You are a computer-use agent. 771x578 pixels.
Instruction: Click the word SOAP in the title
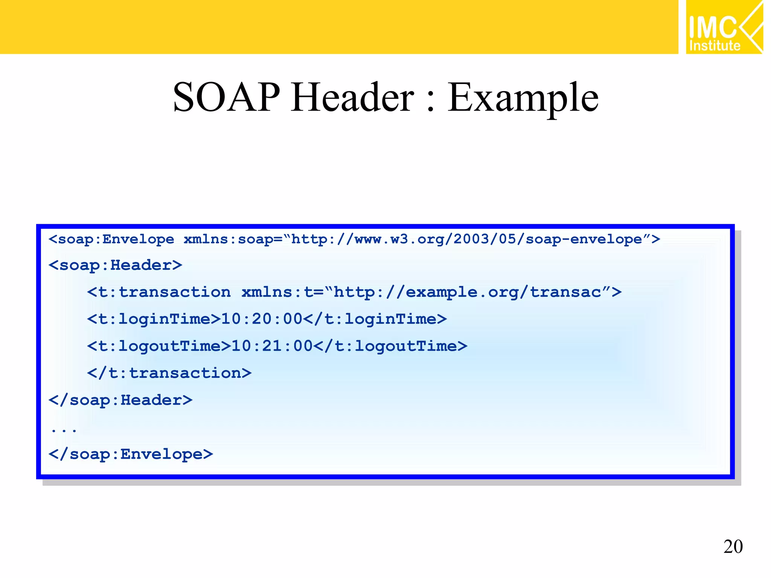click(x=226, y=97)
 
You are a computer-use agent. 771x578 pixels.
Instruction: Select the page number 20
click(x=733, y=546)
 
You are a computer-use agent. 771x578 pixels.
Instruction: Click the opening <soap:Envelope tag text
click(x=111, y=239)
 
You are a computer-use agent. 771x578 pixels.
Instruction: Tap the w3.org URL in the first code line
click(x=467, y=239)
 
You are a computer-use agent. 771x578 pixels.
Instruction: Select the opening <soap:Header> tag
click(x=115, y=265)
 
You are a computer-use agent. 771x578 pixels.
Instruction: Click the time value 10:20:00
click(x=262, y=319)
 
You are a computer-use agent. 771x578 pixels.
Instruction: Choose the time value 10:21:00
click(x=272, y=346)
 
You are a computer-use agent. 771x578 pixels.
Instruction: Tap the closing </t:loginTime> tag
click(x=375, y=319)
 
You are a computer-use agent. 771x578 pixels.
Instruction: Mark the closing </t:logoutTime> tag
click(x=390, y=346)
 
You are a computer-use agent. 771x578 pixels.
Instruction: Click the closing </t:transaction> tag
click(x=169, y=373)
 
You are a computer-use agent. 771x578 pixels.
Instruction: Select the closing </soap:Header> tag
click(x=120, y=400)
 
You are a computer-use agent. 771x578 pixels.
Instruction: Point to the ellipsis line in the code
click(x=64, y=429)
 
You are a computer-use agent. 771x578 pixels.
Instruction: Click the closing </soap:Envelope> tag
click(x=131, y=454)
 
